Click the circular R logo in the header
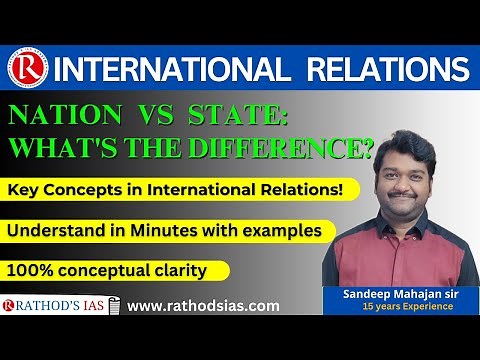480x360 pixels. tap(27, 70)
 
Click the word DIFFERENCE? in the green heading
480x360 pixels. tap(289, 151)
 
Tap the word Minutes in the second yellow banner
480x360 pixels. tap(169, 231)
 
